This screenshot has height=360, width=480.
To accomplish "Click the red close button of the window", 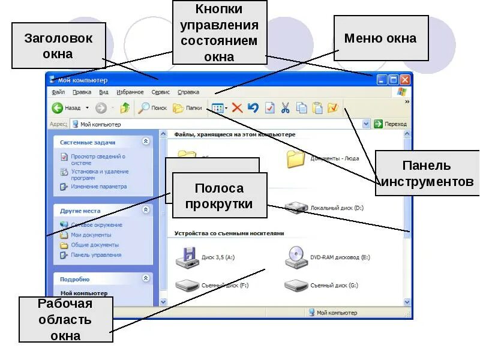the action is click(x=405, y=79).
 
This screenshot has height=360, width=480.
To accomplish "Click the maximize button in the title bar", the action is click(x=394, y=79).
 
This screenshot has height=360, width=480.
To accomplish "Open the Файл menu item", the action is click(x=58, y=92).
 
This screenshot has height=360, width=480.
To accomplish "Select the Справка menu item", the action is click(x=188, y=92).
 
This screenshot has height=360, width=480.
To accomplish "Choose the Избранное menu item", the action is click(x=130, y=92).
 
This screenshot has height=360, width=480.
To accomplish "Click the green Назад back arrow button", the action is click(x=58, y=108).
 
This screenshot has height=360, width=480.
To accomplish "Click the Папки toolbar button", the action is click(x=187, y=108).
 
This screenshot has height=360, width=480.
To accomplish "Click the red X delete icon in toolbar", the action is click(x=237, y=108).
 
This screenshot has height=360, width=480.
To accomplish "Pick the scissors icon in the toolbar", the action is click(x=286, y=108).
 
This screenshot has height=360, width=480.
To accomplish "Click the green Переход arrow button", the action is click(x=379, y=124).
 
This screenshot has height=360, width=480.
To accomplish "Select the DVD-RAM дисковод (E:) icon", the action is click(x=296, y=257).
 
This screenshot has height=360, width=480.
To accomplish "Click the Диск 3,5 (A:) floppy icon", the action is click(x=187, y=257).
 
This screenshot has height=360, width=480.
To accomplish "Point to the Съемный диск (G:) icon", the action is click(x=296, y=285).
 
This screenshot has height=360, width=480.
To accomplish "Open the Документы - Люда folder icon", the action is click(x=296, y=158).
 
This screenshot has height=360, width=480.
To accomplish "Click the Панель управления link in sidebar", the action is click(x=96, y=255).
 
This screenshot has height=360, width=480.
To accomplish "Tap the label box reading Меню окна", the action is click(x=380, y=38).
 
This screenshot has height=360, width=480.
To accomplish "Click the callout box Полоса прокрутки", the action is click(x=219, y=196).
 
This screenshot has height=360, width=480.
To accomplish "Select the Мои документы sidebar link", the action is click(x=91, y=235).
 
